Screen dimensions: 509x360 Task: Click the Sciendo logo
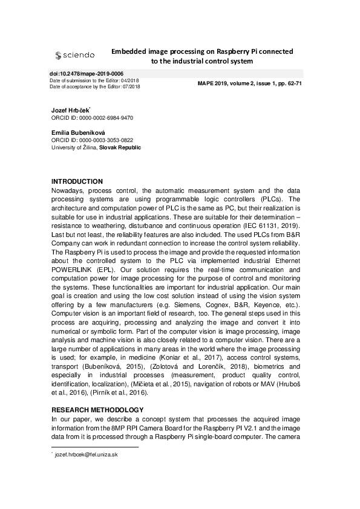74,56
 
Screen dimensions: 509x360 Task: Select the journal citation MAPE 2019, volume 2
249,83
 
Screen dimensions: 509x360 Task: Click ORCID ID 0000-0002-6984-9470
93,118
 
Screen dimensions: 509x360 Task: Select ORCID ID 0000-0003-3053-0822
93,140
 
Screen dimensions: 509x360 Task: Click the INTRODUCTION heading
77,182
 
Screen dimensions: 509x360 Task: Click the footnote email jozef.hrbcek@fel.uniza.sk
85,454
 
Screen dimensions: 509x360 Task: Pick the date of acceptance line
94,87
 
